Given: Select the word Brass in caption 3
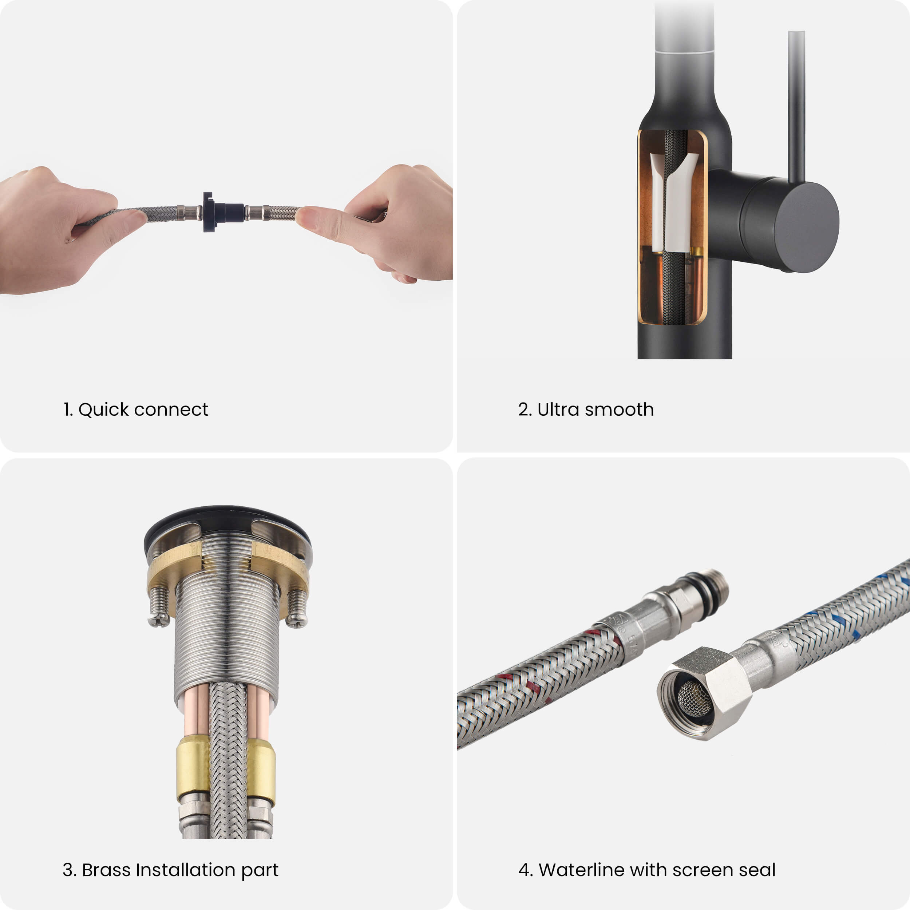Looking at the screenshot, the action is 106,870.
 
